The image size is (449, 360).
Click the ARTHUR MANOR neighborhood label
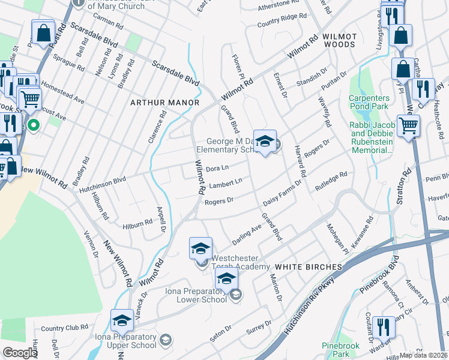click(x=165, y=103)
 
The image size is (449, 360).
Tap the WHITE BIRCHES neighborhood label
click(x=308, y=266)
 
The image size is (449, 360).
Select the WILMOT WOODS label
click(x=340, y=41)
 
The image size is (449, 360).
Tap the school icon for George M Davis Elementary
click(x=265, y=142)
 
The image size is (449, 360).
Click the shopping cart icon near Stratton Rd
click(x=408, y=126)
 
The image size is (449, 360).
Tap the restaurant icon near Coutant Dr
click(x=383, y=328)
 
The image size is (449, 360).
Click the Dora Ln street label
click(x=217, y=169)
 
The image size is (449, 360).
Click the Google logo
click(x=20, y=353)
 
